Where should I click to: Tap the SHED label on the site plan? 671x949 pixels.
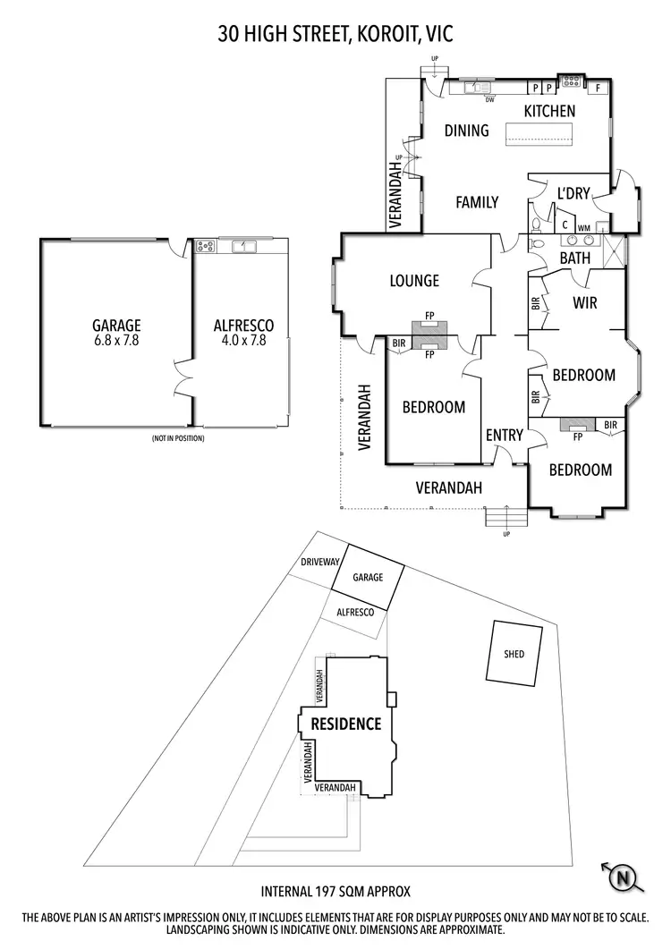[x=514, y=654]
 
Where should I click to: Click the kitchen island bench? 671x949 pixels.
[x=539, y=133]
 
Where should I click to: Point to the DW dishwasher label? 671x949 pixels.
[x=490, y=100]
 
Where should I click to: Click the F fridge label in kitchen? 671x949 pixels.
[x=599, y=88]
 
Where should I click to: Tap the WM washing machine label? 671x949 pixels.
[x=583, y=228]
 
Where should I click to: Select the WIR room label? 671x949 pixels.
[x=584, y=302]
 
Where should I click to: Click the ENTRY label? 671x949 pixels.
[x=504, y=435]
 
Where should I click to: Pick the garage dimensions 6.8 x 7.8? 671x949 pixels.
[x=116, y=340]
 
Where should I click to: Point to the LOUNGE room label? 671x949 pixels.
[x=414, y=281]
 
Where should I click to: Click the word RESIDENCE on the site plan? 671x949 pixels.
[x=345, y=724]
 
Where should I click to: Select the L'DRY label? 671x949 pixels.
[x=573, y=193]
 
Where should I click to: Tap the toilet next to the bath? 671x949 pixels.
[x=537, y=242]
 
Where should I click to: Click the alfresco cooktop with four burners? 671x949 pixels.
[x=205, y=245]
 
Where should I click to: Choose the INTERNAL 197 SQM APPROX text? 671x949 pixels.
[x=335, y=892]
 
